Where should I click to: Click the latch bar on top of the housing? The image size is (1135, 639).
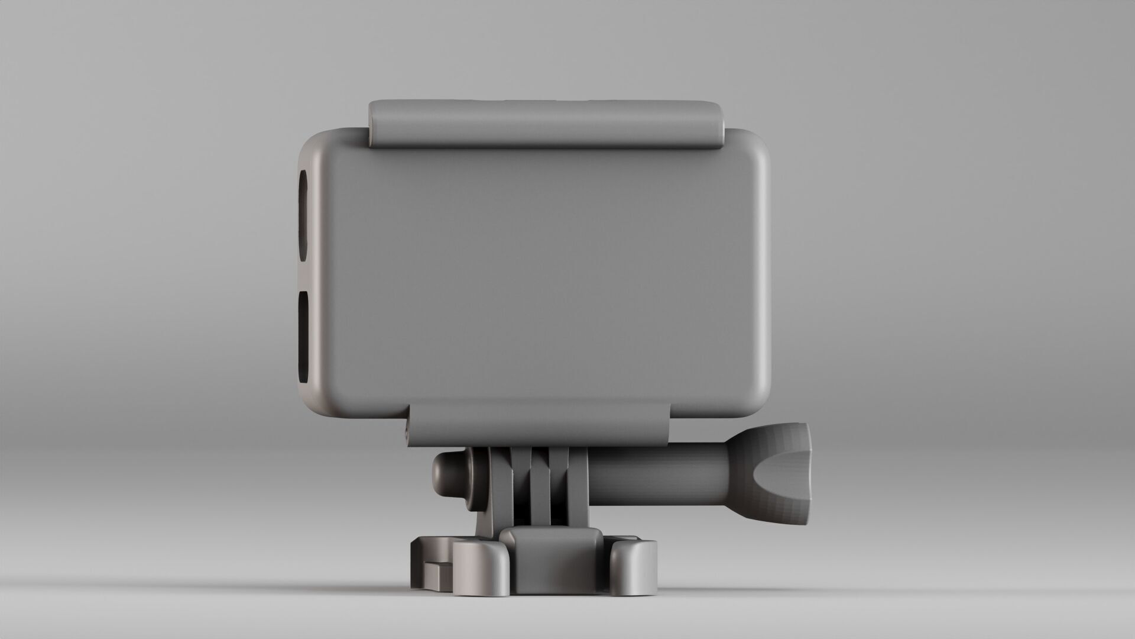[547, 122]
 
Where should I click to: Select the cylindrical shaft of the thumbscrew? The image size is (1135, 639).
[656, 473]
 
